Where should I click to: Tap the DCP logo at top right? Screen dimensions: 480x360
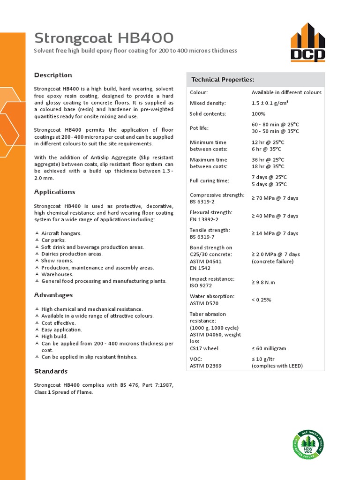click(x=307, y=43)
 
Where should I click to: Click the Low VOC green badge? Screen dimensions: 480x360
click(x=308, y=444)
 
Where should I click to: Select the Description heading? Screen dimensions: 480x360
click(x=53, y=75)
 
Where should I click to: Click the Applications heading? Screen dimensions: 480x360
click(x=54, y=192)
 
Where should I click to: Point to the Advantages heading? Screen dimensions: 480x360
click(x=53, y=295)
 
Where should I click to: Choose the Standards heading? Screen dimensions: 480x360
click(x=51, y=371)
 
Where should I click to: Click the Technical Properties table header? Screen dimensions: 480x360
click(x=223, y=80)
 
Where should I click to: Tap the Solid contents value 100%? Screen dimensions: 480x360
click(x=258, y=114)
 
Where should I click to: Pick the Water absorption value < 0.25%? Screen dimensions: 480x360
click(x=261, y=300)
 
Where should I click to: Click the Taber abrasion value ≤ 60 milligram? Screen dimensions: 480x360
click(x=275, y=349)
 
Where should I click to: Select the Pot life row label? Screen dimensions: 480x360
click(x=199, y=128)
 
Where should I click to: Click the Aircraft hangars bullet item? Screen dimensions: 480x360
click(x=61, y=233)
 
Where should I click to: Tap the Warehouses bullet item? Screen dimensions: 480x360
click(x=57, y=275)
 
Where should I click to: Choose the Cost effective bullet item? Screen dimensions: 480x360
click(x=59, y=323)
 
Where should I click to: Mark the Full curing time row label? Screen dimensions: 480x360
click(x=210, y=180)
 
